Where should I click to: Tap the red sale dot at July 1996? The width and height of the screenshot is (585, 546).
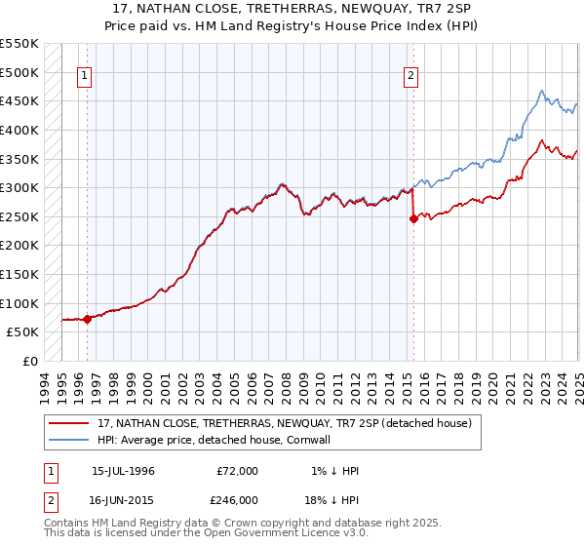tap(87, 318)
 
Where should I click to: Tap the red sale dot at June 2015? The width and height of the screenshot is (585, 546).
tap(413, 218)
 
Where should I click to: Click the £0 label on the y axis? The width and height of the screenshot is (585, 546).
tap(30, 361)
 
